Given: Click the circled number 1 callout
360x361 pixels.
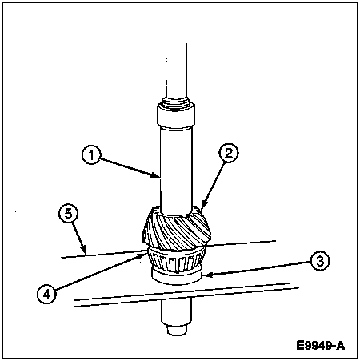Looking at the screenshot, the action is pyautogui.click(x=91, y=155).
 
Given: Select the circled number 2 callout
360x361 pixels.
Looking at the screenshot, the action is pyautogui.click(x=229, y=153).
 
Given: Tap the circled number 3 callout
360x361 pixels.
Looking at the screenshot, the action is pyautogui.click(x=320, y=261).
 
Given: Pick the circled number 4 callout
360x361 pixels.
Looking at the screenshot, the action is pyautogui.click(x=46, y=295).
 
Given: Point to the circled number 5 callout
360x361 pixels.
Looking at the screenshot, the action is pyautogui.click(x=69, y=214).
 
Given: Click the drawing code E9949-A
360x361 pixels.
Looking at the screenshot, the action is pyautogui.click(x=320, y=345).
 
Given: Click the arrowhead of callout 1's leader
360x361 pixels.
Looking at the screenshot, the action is pyautogui.click(x=158, y=176).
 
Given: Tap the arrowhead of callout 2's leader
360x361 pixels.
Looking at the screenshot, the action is pyautogui.click(x=202, y=208).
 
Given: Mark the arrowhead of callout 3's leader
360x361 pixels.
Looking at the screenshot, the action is pyautogui.click(x=206, y=275).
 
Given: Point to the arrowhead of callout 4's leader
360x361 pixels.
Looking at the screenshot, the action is pyautogui.click(x=144, y=255).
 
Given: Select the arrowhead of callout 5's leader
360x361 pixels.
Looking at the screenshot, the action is pyautogui.click(x=85, y=252).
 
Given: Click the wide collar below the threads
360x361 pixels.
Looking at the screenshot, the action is pyautogui.click(x=176, y=116).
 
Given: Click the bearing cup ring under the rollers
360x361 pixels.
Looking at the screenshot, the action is pyautogui.click(x=176, y=278).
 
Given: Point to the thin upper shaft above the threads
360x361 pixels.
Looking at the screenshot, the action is pyautogui.click(x=176, y=70).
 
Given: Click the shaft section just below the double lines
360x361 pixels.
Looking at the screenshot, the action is pyautogui.click(x=176, y=312).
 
